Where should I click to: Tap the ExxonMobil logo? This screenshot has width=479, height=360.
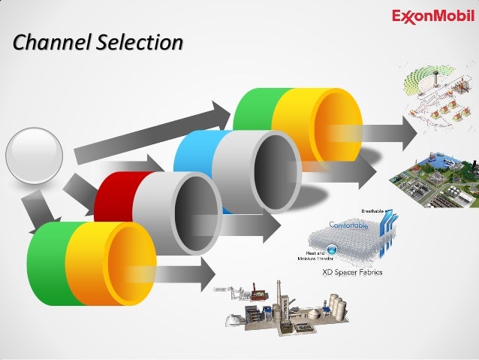click(x=434, y=16)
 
